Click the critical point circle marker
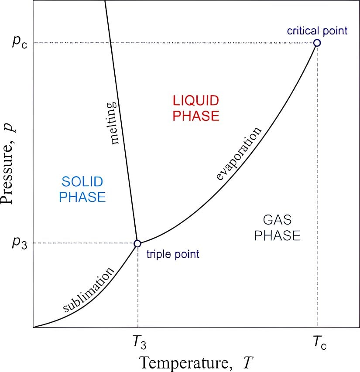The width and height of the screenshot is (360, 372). coord(317,43)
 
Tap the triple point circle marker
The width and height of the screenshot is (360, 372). coord(137,243)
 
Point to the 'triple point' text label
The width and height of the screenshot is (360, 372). coord(173,254)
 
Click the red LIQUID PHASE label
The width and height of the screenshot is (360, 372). coord(195,109)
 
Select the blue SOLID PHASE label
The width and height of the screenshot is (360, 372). coord(82,189)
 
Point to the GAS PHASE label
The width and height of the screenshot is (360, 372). coord(278,228)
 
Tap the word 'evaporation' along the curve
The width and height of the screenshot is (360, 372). coord(239,153)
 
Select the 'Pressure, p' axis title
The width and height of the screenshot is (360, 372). coord(10,166)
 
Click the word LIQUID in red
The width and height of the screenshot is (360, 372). coord(195,101)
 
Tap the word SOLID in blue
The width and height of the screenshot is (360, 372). coord(82,181)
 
